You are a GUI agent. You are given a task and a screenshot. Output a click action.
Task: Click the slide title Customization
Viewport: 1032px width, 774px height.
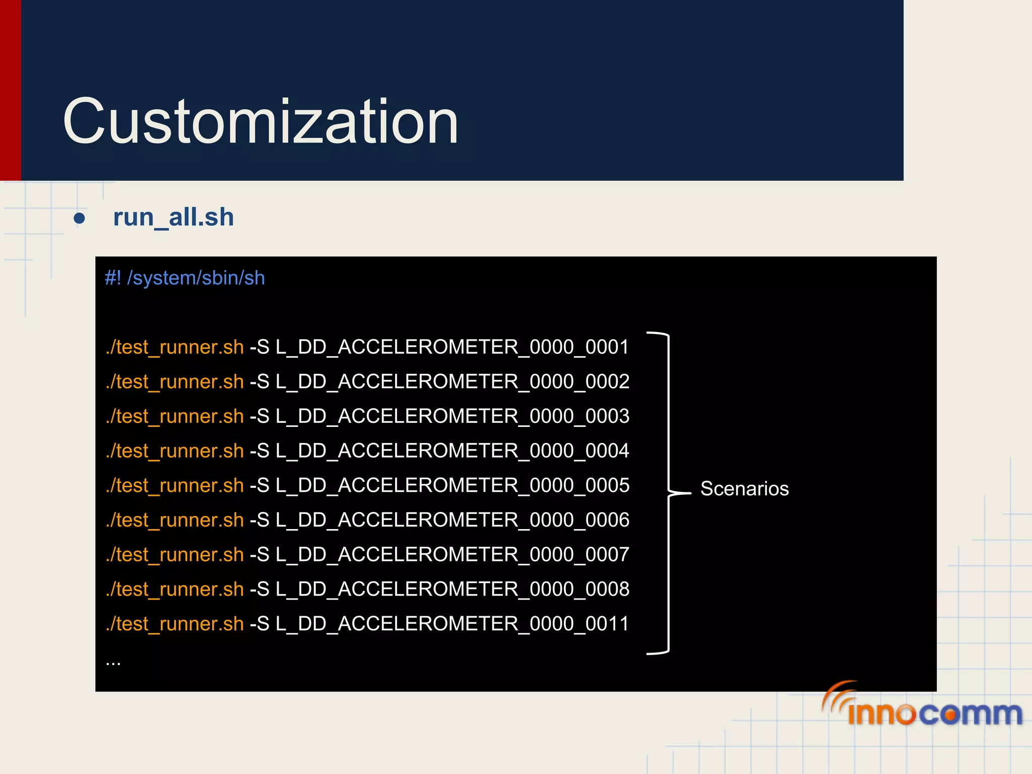[x=261, y=121]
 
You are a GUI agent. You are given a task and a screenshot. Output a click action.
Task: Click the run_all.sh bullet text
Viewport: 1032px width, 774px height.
[x=173, y=218]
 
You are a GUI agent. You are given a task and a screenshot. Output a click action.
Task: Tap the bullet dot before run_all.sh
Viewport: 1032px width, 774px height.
[x=79, y=219]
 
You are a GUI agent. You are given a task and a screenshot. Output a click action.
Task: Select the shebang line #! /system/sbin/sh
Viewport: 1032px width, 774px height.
[x=184, y=278]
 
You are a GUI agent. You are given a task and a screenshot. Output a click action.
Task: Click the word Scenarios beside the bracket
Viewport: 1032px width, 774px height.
[x=744, y=489]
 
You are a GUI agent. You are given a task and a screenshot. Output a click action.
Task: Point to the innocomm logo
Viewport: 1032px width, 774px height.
[x=922, y=705]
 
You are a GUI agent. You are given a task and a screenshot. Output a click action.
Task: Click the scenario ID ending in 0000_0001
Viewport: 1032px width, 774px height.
[x=452, y=347]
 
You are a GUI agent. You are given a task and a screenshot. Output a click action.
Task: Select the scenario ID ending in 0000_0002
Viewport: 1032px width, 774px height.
[x=452, y=382]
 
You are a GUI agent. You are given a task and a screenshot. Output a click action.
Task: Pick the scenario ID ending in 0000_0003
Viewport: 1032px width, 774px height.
[x=452, y=416]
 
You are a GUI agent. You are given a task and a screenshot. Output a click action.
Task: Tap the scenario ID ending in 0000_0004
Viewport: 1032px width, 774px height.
[x=452, y=451]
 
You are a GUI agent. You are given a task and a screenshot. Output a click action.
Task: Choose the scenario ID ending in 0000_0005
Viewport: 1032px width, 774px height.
[x=452, y=486]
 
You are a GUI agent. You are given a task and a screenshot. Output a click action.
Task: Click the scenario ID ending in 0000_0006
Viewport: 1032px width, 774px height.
[x=452, y=520]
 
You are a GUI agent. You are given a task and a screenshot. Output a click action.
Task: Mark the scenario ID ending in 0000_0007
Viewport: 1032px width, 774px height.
[x=452, y=555]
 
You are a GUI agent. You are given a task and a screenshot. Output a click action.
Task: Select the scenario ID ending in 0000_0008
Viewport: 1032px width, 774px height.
[x=452, y=590]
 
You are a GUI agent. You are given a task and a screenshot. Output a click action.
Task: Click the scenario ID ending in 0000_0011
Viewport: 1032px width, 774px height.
[x=452, y=624]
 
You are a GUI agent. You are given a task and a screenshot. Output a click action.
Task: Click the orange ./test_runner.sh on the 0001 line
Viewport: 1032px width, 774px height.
[x=175, y=347]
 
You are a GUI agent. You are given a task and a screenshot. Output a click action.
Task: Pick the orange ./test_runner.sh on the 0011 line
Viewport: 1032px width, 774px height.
[x=175, y=624]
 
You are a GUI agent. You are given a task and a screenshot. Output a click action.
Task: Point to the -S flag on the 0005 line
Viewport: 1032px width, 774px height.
[x=260, y=486]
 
